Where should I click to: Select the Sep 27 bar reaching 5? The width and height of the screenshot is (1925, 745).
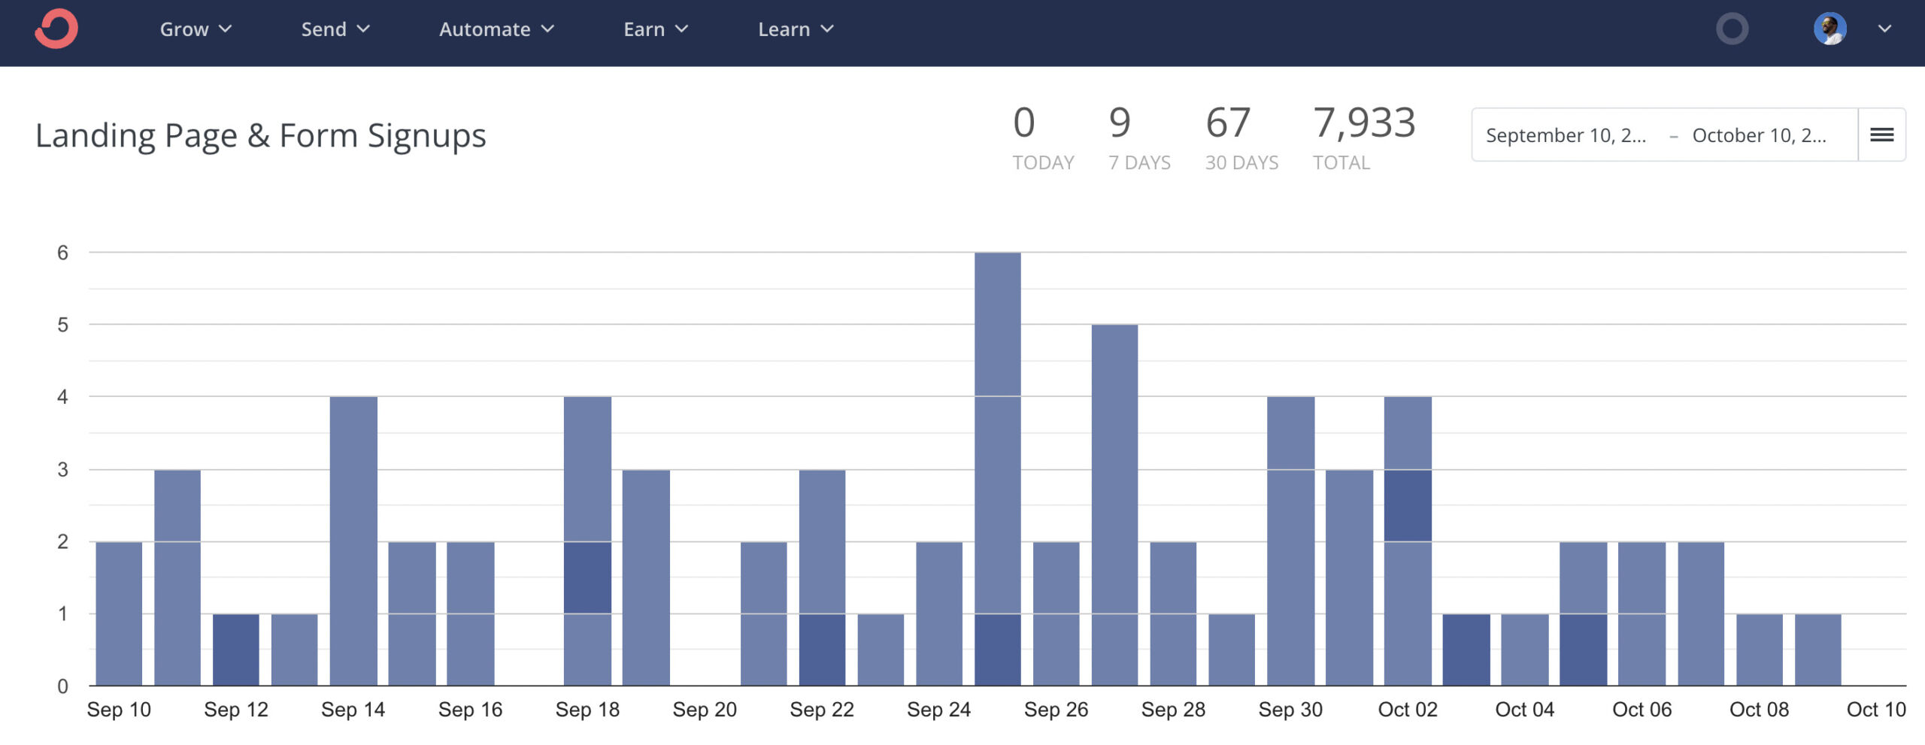pyautogui.click(x=1114, y=504)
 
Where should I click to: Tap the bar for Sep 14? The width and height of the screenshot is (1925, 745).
pyautogui.click(x=353, y=541)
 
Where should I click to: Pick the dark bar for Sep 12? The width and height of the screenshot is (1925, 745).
pyautogui.click(x=236, y=650)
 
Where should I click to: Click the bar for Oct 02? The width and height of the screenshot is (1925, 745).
pyautogui.click(x=1408, y=541)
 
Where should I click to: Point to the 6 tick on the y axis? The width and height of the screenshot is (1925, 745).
pyautogui.click(x=62, y=253)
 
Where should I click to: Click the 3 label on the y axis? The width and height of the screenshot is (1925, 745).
pyautogui.click(x=62, y=470)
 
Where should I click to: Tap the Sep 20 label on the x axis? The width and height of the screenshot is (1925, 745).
pyautogui.click(x=705, y=710)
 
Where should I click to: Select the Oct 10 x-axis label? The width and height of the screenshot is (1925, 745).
pyautogui.click(x=1876, y=710)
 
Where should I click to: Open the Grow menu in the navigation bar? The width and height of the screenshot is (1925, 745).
pyautogui.click(x=195, y=29)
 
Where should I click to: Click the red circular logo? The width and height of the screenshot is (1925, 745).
pyautogui.click(x=56, y=29)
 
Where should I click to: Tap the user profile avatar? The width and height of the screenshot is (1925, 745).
pyautogui.click(x=1830, y=29)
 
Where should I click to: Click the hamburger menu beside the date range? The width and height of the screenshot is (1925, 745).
pyautogui.click(x=1881, y=135)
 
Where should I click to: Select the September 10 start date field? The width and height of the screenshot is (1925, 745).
pyautogui.click(x=1566, y=135)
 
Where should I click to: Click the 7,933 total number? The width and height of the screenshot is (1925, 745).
pyautogui.click(x=1364, y=123)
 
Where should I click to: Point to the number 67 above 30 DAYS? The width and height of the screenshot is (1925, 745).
pyautogui.click(x=1228, y=123)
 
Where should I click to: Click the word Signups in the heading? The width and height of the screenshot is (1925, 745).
pyautogui.click(x=426, y=136)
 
